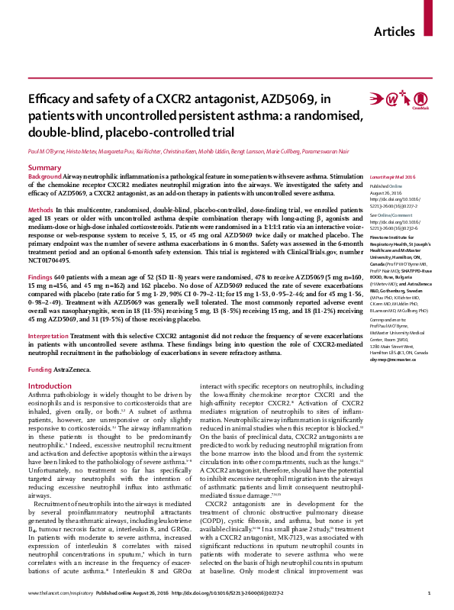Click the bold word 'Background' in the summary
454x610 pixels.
coord(47,176)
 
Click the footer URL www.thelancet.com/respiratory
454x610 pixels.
coord(56,593)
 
